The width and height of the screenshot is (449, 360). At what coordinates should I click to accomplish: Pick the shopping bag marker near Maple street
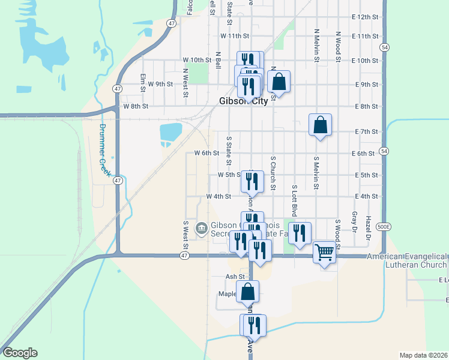click(x=247, y=292)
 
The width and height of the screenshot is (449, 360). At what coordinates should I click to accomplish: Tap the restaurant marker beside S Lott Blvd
click(x=299, y=232)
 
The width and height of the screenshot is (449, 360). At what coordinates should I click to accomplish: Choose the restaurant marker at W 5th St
click(x=252, y=181)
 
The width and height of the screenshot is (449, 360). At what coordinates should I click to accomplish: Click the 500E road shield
click(x=384, y=226)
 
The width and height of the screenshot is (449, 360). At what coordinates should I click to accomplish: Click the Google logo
click(x=20, y=353)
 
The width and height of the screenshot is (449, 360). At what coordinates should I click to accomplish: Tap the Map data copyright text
click(x=423, y=355)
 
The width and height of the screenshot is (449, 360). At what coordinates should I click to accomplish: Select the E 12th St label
click(x=366, y=17)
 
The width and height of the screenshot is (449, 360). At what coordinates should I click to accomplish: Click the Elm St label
click(x=143, y=83)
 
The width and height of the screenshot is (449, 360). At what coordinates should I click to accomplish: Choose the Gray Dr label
click(x=354, y=223)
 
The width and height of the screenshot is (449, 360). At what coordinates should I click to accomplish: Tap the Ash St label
click(x=235, y=277)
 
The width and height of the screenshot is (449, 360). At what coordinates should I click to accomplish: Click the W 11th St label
click(x=234, y=36)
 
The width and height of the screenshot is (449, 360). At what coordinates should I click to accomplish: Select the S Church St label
click(x=273, y=173)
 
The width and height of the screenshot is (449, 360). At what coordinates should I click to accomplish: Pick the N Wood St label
click(x=339, y=47)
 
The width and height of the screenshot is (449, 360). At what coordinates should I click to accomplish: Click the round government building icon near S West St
click(x=202, y=228)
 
